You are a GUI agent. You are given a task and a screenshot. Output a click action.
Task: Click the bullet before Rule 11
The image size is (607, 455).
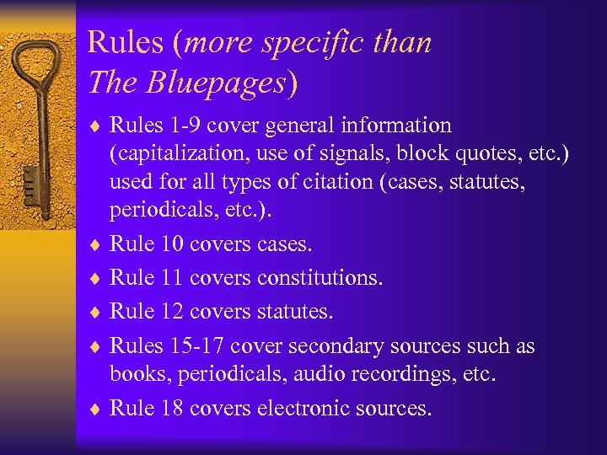96,278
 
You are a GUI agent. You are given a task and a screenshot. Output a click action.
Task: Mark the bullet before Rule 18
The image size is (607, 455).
96,409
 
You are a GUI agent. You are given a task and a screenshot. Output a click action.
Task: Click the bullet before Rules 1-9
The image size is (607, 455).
96,126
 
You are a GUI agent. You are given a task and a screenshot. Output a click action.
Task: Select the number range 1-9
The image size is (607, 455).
184,126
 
